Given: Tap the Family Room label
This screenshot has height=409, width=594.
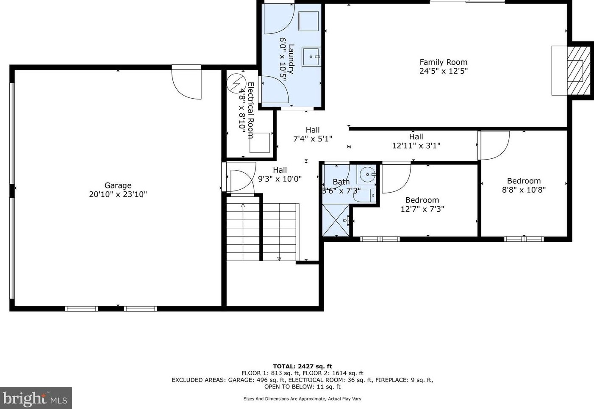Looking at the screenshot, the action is (443, 62).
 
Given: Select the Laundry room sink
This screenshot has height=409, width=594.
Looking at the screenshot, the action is (311, 57).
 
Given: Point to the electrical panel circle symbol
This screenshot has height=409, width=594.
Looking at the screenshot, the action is (236, 83).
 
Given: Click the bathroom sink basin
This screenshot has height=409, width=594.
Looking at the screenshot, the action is (366, 174).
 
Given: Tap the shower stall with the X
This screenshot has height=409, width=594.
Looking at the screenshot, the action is (336, 220).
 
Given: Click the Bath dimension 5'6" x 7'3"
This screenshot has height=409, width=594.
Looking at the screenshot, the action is (341, 191).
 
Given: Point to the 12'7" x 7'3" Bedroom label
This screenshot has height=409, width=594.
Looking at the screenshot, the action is (422, 204).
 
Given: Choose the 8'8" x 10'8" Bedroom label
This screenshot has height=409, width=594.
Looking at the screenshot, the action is (524, 185).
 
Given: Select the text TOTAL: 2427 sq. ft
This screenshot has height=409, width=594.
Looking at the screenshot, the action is (303, 366).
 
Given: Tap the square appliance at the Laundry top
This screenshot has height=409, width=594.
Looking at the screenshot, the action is (308, 22).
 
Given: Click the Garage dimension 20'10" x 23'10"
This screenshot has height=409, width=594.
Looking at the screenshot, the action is (118, 194).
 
